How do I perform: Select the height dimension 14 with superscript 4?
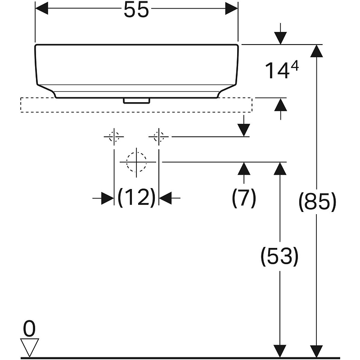[x=282, y=70]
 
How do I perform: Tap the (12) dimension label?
[x=136, y=198]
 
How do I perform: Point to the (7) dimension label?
[x=244, y=198]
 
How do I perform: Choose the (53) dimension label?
[x=279, y=256]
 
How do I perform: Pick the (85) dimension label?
[x=317, y=202]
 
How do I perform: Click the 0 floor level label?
[x=29, y=328]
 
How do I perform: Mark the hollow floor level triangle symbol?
[x=30, y=347]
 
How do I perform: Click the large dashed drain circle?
[x=136, y=162]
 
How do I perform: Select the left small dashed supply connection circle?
[x=114, y=137]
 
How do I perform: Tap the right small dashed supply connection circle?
[x=159, y=137]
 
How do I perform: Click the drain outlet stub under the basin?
[x=137, y=101]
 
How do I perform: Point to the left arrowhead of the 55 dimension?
[x=41, y=9]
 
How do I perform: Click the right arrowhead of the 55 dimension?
[x=231, y=9]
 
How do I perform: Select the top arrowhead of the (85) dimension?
[x=317, y=51]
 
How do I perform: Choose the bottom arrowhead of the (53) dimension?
[x=280, y=351]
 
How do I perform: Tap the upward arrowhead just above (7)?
[x=244, y=168]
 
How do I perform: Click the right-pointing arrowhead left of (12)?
[x=108, y=198]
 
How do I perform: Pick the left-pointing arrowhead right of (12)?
[x=165, y=198]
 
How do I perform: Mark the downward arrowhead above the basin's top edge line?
[x=280, y=38]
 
